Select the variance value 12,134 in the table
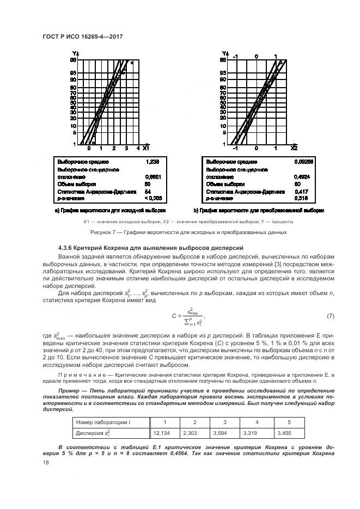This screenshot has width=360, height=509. tap(162, 433)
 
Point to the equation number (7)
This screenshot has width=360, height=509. tap(330, 316)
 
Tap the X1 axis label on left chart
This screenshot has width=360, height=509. tap(145, 148)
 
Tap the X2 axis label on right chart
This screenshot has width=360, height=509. tap(294, 148)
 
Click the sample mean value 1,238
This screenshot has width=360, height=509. tap(152, 162)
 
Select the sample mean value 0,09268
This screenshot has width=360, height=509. tap(302, 162)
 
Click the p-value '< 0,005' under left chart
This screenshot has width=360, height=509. tap(153, 198)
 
